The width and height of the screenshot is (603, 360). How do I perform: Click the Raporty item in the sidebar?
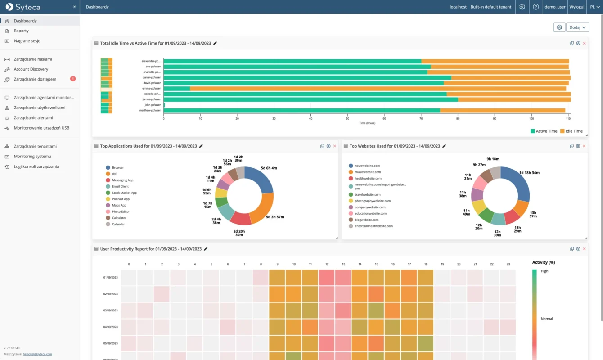21,31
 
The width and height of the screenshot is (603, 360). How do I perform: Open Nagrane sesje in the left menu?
27,41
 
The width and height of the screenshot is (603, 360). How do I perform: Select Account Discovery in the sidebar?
31,69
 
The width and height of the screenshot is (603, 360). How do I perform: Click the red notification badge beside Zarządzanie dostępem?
73,79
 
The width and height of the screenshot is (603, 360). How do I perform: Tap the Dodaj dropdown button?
577,27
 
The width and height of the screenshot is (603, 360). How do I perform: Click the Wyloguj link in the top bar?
576,7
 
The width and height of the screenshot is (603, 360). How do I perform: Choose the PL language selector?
595,7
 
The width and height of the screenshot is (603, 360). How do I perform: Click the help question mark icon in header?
535,7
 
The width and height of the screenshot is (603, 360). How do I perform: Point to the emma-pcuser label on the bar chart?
151,89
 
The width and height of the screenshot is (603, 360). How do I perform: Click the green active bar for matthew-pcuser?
301,110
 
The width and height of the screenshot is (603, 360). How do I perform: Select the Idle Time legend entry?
571,131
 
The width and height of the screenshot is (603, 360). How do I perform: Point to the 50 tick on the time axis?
347,119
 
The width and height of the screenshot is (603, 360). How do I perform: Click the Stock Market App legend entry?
124,193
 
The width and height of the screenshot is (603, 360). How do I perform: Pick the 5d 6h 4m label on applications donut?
269,168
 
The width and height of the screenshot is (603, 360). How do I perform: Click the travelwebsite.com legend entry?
367,195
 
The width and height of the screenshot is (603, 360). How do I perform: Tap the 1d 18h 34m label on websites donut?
529,173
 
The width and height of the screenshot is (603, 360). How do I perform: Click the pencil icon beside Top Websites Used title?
444,146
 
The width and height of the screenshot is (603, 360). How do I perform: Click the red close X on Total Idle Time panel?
584,43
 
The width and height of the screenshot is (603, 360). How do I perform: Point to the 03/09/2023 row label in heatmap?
110,310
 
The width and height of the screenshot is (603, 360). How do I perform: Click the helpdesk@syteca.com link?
37,354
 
